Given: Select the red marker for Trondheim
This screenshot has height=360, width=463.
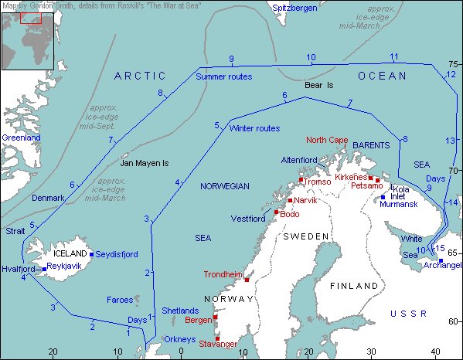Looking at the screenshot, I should click(x=247, y=279).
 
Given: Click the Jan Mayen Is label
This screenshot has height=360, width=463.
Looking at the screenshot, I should click(x=145, y=164).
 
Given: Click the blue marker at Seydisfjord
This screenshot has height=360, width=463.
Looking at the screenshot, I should click(x=91, y=253).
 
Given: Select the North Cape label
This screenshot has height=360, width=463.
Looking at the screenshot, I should click(x=326, y=140).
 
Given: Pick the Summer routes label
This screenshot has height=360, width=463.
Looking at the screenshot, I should click(x=223, y=76).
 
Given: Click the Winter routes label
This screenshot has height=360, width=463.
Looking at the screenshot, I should click(x=254, y=128).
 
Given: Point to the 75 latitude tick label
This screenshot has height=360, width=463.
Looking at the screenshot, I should click(x=454, y=64).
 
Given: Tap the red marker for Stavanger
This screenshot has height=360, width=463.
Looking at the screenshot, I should click(x=217, y=338).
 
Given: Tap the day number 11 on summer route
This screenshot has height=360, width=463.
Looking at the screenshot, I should click(x=394, y=56).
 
